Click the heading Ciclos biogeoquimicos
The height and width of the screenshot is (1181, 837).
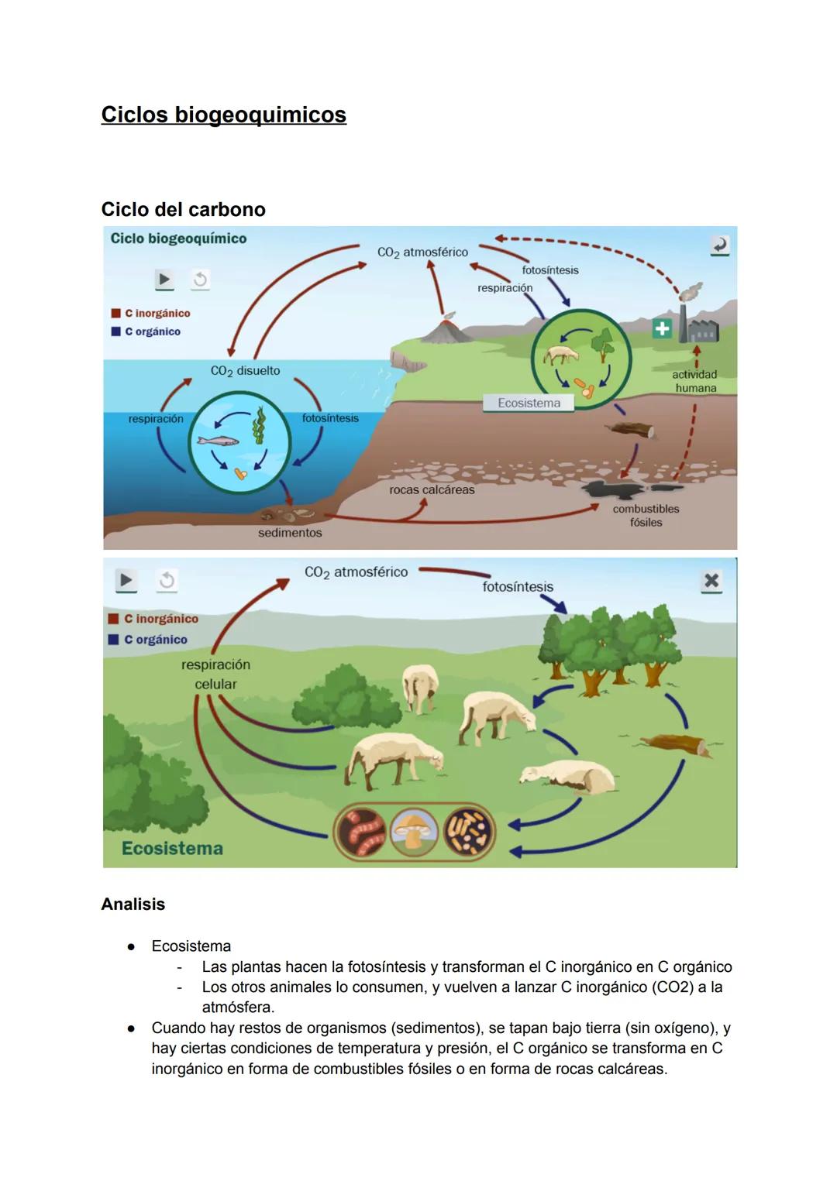tap(223, 115)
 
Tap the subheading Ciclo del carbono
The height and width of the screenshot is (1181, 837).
tap(183, 209)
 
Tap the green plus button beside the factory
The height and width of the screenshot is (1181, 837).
tap(662, 329)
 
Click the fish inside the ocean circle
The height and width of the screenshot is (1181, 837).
tap(218, 441)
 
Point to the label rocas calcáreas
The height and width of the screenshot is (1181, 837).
tap(432, 489)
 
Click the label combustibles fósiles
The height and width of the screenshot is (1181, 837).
tap(646, 515)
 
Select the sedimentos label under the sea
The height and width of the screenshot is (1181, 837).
tap(290, 533)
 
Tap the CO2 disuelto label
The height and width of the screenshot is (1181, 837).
tap(245, 371)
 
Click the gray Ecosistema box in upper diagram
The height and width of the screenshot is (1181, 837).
tap(529, 403)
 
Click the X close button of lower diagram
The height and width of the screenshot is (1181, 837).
tap(711, 581)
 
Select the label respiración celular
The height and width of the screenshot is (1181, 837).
tap(215, 675)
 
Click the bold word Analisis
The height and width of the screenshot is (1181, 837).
tap(133, 904)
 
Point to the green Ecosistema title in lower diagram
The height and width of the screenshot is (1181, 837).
tap(172, 848)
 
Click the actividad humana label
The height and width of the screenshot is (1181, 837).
tap(694, 381)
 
